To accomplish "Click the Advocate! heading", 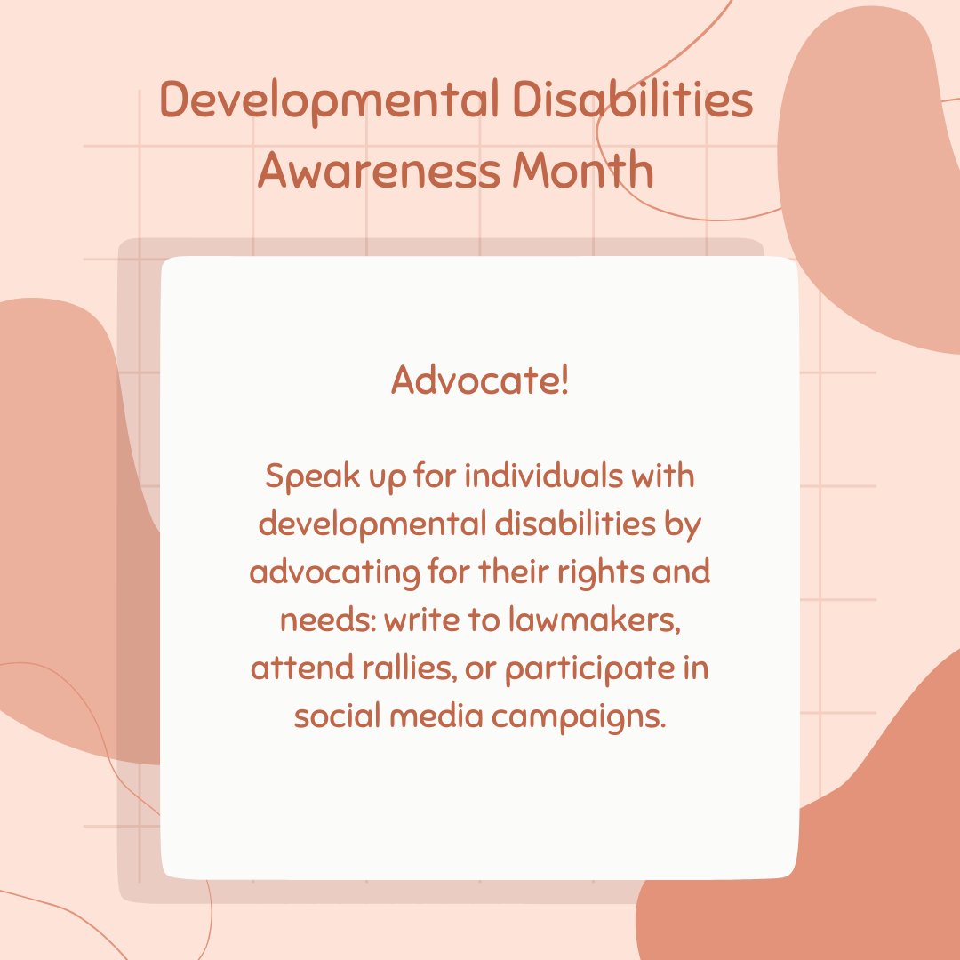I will (x=480, y=382).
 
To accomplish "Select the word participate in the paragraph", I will (x=590, y=668).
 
